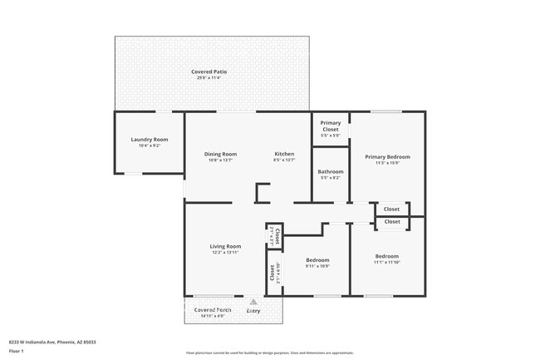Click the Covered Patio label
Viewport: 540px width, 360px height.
tap(209, 72)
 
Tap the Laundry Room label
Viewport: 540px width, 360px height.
tap(150, 140)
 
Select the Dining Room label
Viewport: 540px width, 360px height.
tap(221, 154)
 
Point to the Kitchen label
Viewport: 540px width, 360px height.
tap(285, 154)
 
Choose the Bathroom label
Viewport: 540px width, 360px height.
tap(331, 171)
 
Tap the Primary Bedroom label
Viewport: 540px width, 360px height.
tap(387, 156)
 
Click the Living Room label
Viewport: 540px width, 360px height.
tap(225, 246)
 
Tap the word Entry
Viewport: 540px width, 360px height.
tap(253, 311)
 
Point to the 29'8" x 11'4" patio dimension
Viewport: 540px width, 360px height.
tap(209, 78)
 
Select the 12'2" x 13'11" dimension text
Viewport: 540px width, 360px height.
tap(225, 252)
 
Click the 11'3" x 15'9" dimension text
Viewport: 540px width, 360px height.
tap(387, 163)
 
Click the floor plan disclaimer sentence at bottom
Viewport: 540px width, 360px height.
tap(270, 353)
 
